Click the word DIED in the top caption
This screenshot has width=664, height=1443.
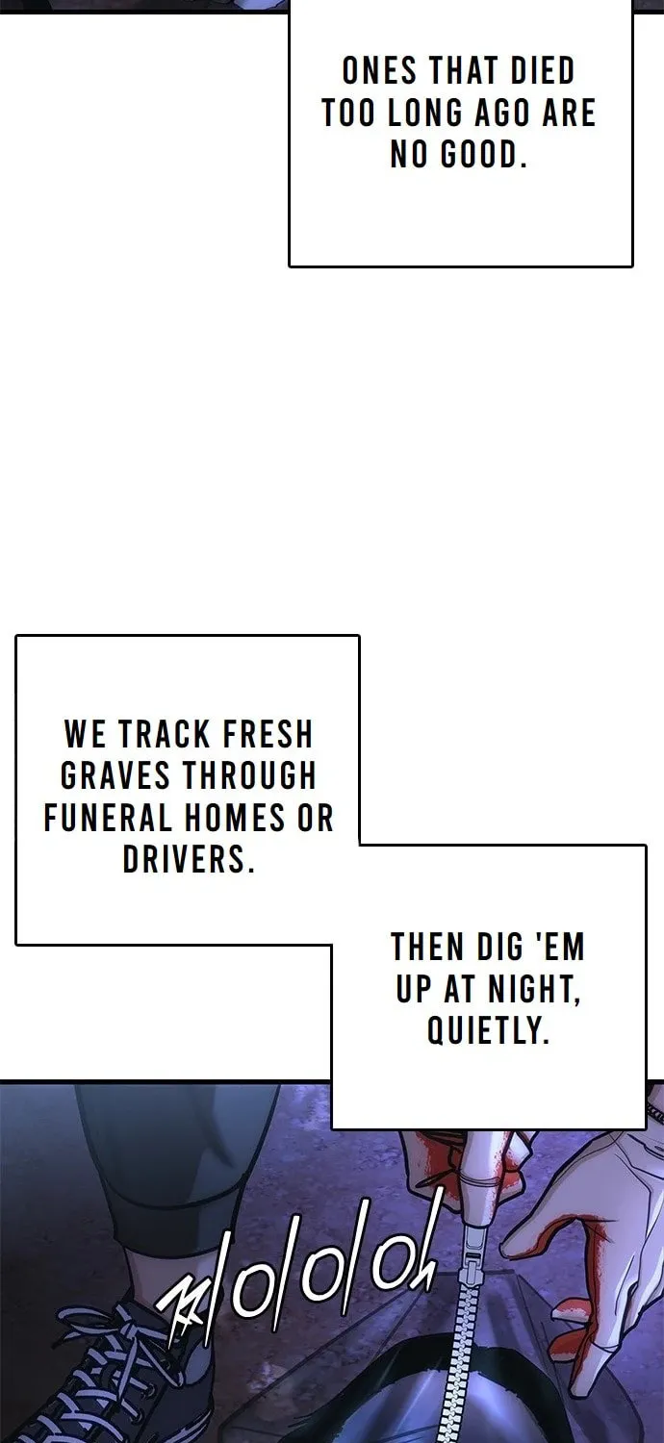[x=542, y=71]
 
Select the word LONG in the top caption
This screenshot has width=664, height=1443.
[x=424, y=114]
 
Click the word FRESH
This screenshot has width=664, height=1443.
[x=268, y=734]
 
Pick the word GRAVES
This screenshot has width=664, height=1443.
[x=115, y=776]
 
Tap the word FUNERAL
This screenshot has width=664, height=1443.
[x=109, y=818]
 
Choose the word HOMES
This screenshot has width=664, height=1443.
[x=236, y=818]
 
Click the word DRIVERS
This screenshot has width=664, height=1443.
[x=189, y=860]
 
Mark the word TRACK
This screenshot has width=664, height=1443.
[x=165, y=734]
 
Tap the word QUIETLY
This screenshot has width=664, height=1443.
[x=488, y=1030]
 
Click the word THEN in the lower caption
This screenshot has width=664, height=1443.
[x=427, y=947]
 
